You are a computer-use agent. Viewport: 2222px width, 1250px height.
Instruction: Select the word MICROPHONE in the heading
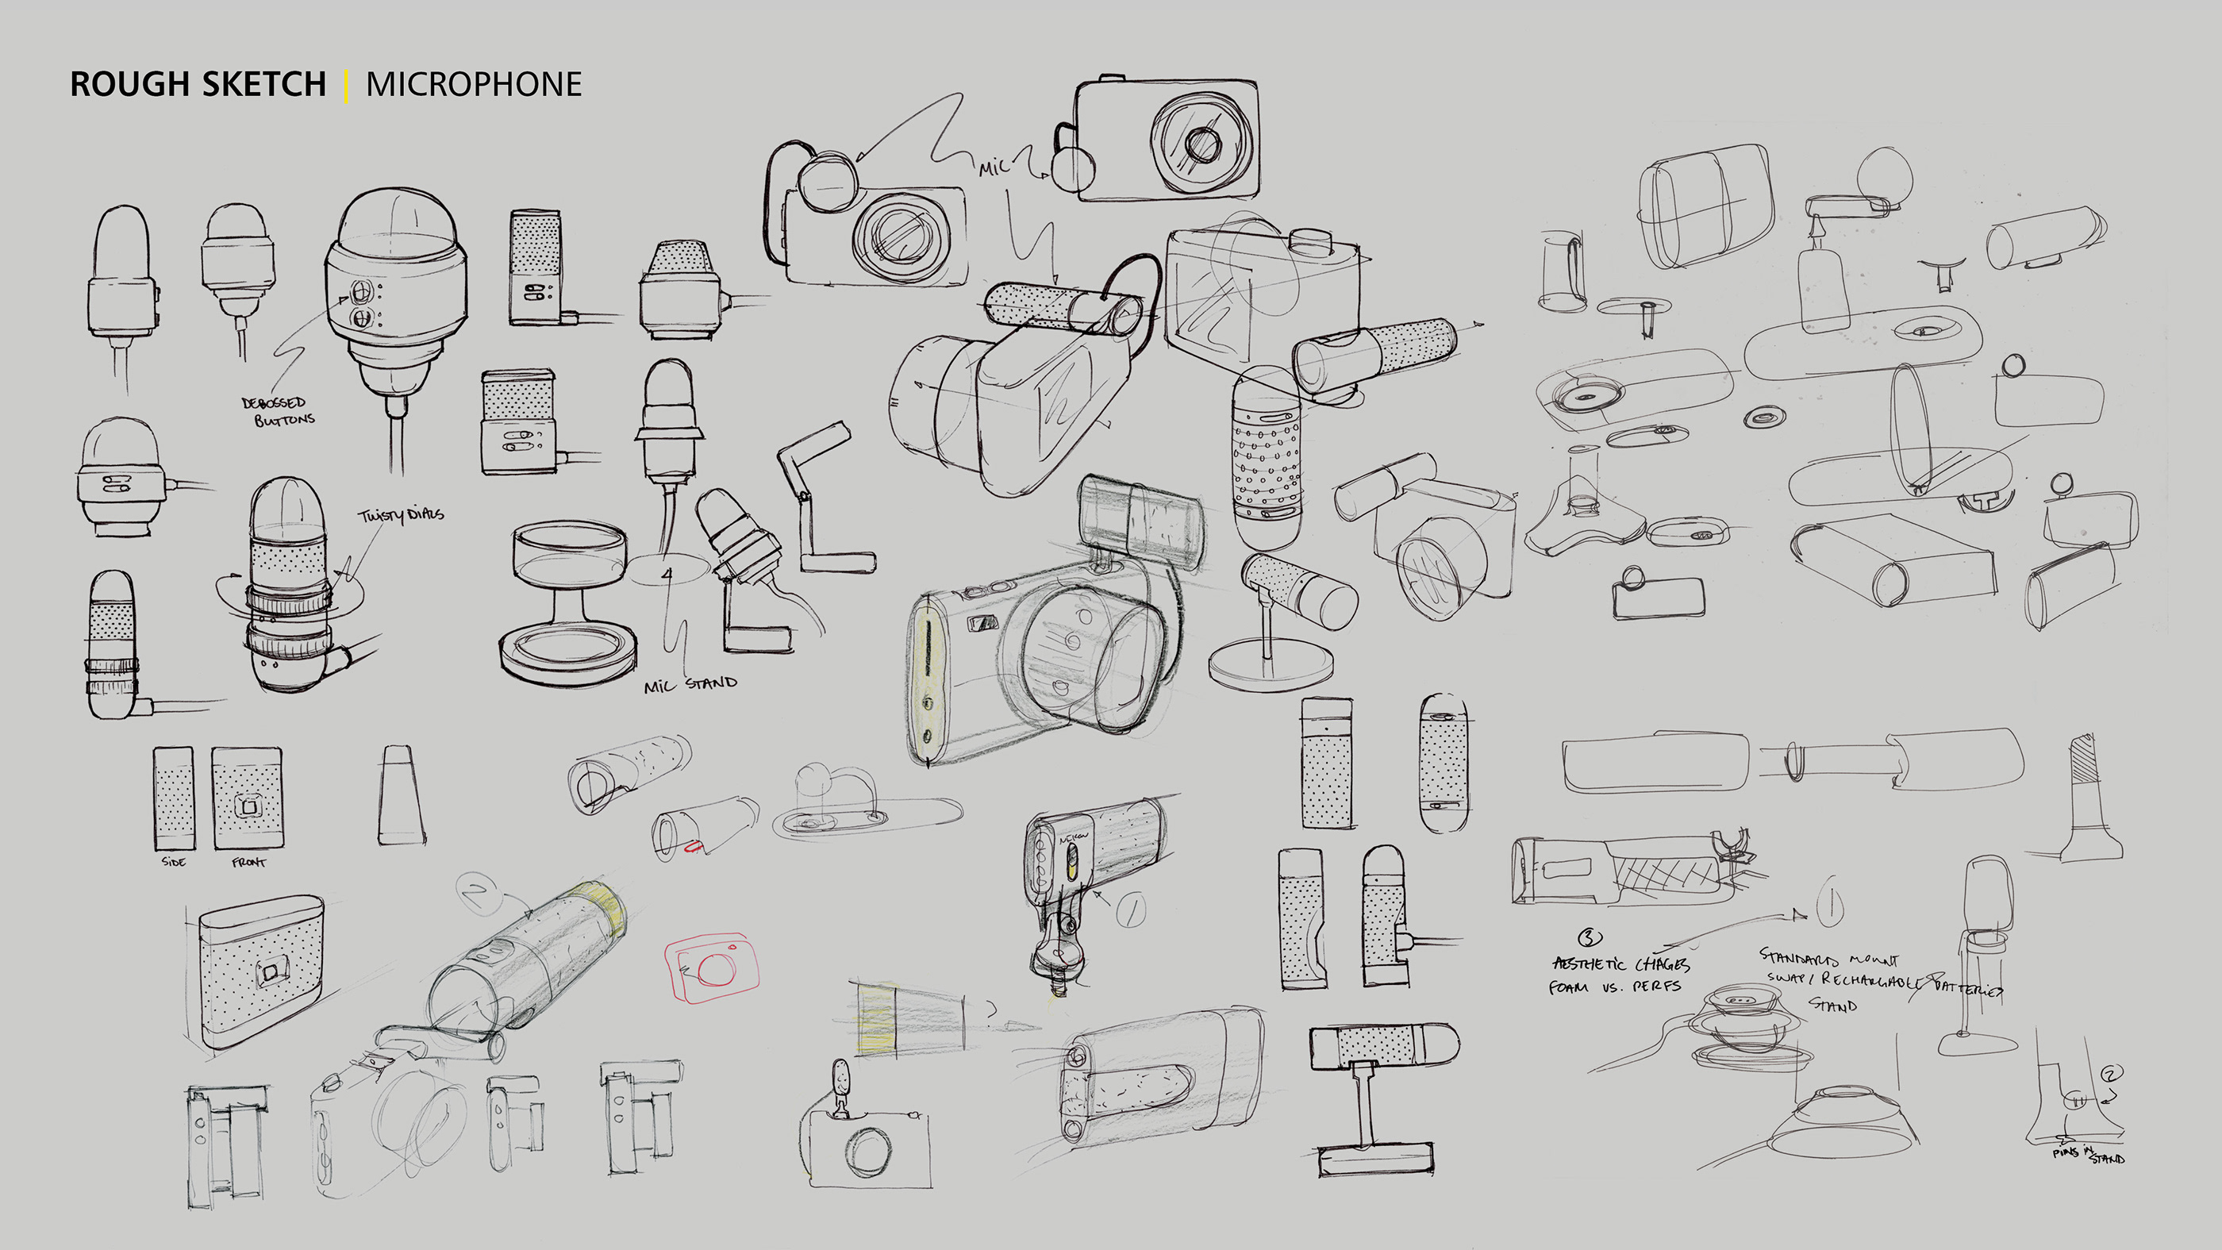click(474, 85)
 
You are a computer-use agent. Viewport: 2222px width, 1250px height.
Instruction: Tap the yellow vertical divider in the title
click(346, 86)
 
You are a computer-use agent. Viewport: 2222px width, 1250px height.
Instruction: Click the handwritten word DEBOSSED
click(274, 403)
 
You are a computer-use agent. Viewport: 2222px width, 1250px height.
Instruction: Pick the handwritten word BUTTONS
click(285, 420)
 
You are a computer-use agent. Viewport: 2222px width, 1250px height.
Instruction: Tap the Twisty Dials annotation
click(401, 515)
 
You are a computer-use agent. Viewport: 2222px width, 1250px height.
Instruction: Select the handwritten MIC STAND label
click(690, 685)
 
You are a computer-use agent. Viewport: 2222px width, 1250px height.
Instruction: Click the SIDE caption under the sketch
click(173, 862)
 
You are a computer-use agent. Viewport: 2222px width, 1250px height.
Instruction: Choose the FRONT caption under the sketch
click(248, 862)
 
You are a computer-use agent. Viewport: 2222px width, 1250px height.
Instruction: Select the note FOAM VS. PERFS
click(1615, 987)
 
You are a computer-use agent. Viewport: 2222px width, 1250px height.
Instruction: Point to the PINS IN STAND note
click(2087, 1154)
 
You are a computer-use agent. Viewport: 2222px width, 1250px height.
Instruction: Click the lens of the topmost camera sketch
click(1200, 142)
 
